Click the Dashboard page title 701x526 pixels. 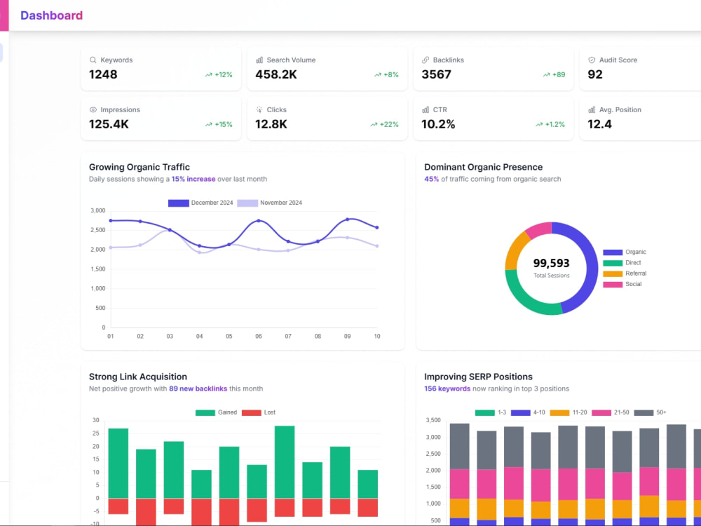click(x=51, y=15)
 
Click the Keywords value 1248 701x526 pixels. click(x=103, y=74)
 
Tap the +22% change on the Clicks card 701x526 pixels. click(x=384, y=124)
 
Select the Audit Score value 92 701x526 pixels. click(x=595, y=74)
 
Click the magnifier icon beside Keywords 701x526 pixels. click(x=93, y=60)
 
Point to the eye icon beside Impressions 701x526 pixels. click(x=93, y=109)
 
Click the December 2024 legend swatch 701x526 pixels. click(x=178, y=203)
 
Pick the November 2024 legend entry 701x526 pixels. click(x=270, y=203)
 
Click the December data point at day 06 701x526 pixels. click(x=259, y=221)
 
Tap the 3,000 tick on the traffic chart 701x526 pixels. click(x=98, y=210)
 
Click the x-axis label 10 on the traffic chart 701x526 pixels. click(x=377, y=337)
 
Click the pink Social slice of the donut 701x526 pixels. click(x=538, y=229)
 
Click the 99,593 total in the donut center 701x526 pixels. click(x=551, y=263)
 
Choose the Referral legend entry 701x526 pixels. click(x=625, y=274)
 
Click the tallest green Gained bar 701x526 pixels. click(x=285, y=462)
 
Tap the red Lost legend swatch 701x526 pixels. click(x=251, y=413)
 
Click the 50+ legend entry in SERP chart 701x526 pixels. click(x=651, y=413)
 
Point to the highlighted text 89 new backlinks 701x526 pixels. click(x=198, y=389)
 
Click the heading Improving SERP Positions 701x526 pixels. click(x=478, y=377)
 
